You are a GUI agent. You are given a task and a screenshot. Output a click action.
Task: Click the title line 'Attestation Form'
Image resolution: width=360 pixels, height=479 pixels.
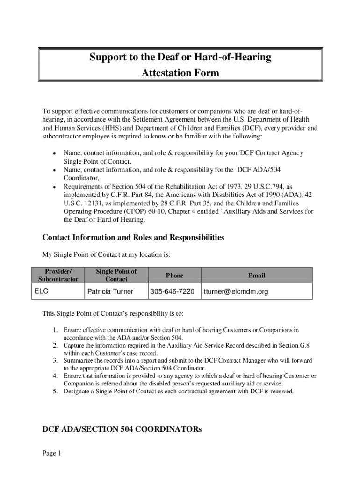[x=180, y=73]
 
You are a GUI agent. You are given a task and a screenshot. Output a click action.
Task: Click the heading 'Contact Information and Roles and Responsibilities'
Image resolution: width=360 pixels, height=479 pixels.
[x=133, y=238]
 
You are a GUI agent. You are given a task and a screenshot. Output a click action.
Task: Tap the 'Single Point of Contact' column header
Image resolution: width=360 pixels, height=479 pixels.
[x=116, y=275]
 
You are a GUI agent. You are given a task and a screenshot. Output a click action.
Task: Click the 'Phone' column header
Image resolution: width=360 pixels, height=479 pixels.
[x=174, y=276]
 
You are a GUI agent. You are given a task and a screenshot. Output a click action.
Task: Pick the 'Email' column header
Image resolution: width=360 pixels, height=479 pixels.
[x=257, y=276]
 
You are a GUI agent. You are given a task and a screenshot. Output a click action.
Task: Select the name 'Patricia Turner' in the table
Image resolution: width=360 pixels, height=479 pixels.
[x=110, y=292]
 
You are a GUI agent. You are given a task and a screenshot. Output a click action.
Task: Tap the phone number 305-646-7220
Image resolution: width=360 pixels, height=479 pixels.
[x=172, y=292]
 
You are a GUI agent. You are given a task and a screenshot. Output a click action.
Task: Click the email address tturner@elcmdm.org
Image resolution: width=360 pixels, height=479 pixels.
[x=236, y=292]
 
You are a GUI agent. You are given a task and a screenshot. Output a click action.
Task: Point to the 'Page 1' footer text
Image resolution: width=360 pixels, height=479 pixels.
[x=52, y=453]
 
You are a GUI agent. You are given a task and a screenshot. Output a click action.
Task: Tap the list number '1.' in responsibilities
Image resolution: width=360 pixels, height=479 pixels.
[x=55, y=330]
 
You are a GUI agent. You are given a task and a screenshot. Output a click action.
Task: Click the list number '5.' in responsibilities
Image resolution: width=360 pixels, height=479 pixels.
[x=55, y=391]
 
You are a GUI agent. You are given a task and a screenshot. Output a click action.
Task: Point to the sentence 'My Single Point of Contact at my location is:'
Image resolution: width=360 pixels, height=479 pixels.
[x=107, y=255]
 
